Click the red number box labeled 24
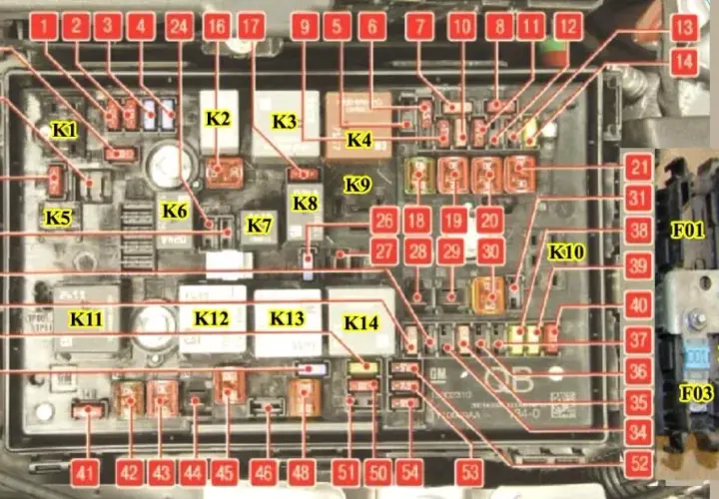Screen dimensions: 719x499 pyautogui.click(x=180, y=26)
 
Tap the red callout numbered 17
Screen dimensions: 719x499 pyautogui.click(x=252, y=26)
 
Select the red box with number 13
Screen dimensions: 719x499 pyautogui.click(x=684, y=28)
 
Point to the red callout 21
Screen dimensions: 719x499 pyautogui.click(x=639, y=168)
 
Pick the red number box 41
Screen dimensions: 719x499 pyautogui.click(x=85, y=473)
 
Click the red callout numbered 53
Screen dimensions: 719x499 pyautogui.click(x=470, y=473)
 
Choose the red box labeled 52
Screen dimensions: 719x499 pyautogui.click(x=639, y=463)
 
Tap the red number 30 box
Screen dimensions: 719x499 pyautogui.click(x=490, y=251)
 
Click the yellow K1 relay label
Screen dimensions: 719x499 pyautogui.click(x=65, y=131)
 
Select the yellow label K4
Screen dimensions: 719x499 pyautogui.click(x=359, y=140)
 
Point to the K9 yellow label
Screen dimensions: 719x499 pyautogui.click(x=358, y=185)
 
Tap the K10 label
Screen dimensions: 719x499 pyautogui.click(x=567, y=251)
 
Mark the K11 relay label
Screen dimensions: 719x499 pyautogui.click(x=86, y=319)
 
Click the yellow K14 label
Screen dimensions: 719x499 pyautogui.click(x=361, y=323)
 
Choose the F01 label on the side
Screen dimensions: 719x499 pyautogui.click(x=687, y=231)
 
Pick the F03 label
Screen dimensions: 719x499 pyautogui.click(x=697, y=393)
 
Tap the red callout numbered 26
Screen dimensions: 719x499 pyautogui.click(x=383, y=221)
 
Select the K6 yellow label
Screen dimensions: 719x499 pyautogui.click(x=175, y=212)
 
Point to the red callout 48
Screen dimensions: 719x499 pyautogui.click(x=302, y=473)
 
